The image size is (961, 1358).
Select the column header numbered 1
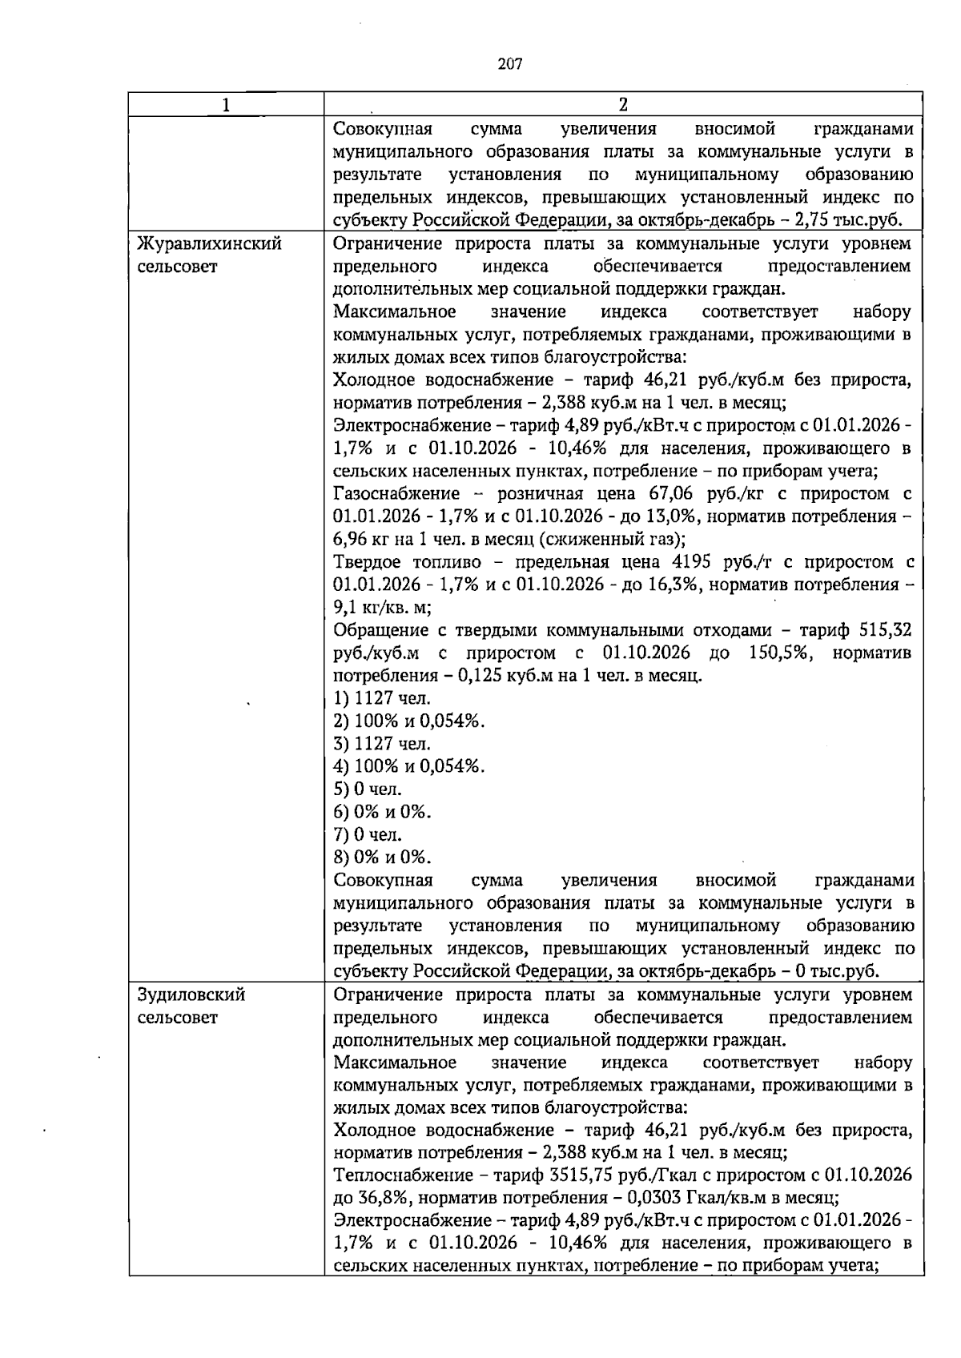227,105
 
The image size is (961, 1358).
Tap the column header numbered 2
623,105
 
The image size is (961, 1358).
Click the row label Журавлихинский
209,243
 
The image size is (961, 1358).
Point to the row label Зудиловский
191,995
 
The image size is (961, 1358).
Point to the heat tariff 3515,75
561,1175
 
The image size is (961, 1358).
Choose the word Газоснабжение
396,493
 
